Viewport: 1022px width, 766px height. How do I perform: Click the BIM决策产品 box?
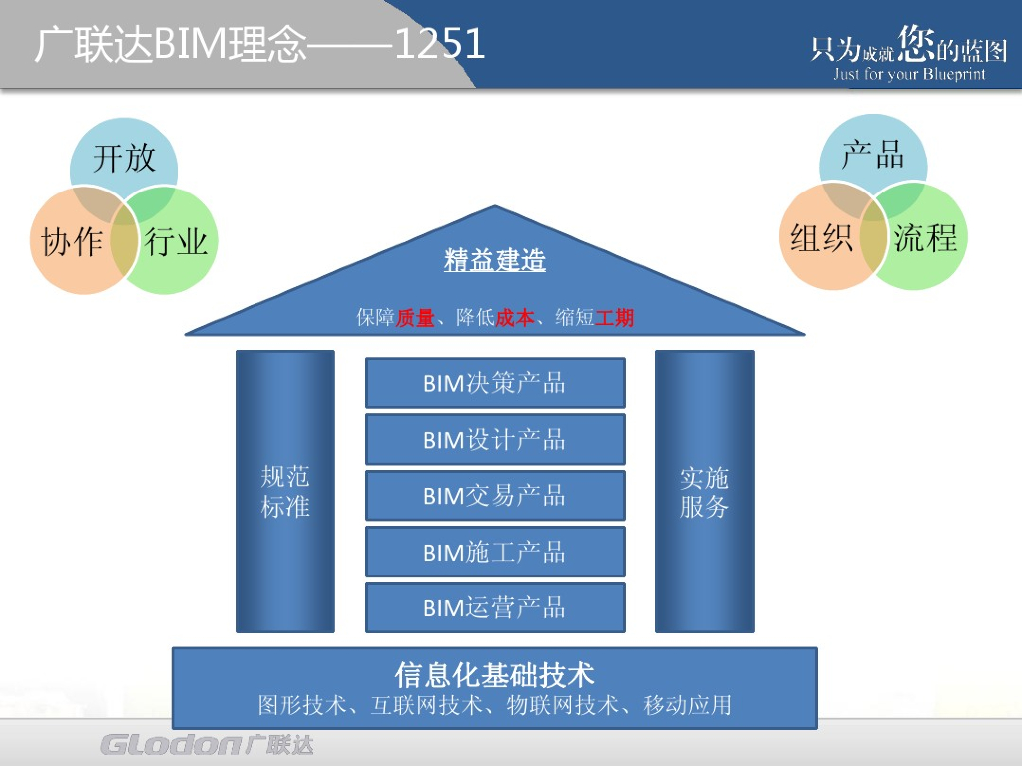pyautogui.click(x=495, y=383)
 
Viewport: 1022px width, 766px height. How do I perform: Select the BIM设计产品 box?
pyautogui.click(x=495, y=440)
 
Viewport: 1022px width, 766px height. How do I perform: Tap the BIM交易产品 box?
pyautogui.click(x=495, y=496)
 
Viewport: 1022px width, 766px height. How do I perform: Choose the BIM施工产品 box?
pyautogui.click(x=495, y=552)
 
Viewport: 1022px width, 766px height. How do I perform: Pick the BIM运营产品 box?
pyautogui.click(x=495, y=607)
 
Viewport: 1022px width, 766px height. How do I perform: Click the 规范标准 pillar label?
pyautogui.click(x=285, y=492)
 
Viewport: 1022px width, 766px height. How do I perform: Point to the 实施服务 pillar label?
pyautogui.click(x=704, y=492)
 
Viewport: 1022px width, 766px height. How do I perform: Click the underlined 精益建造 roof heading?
pyautogui.click(x=495, y=261)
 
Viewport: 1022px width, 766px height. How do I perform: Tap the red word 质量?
pyautogui.click(x=415, y=319)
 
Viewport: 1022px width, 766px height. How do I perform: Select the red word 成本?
pyautogui.click(x=515, y=319)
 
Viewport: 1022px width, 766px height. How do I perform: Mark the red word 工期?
pyautogui.click(x=614, y=319)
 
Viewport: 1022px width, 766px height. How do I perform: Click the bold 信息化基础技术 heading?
pyautogui.click(x=495, y=675)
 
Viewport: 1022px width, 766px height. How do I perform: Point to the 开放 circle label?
pyautogui.click(x=124, y=158)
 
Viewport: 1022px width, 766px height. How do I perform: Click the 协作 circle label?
pyautogui.click(x=72, y=242)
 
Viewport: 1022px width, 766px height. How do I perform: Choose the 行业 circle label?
pyautogui.click(x=177, y=241)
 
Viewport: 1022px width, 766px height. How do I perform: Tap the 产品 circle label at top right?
pyautogui.click(x=873, y=155)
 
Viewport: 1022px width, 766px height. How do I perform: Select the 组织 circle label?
pyautogui.click(x=821, y=238)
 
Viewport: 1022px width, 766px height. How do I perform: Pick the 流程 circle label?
pyautogui.click(x=925, y=238)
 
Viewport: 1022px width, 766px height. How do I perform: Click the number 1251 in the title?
pyautogui.click(x=440, y=45)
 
